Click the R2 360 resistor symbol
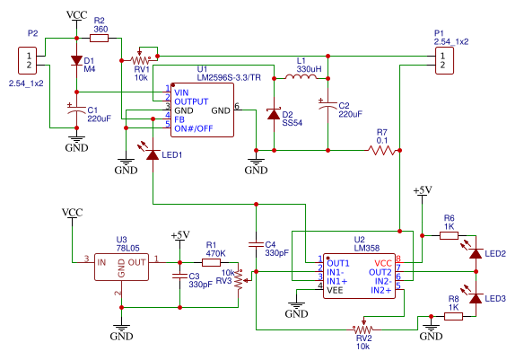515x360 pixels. [x=99, y=38]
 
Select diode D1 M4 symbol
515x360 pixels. [x=77, y=60]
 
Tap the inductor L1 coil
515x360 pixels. [x=301, y=76]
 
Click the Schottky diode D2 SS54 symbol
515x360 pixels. [x=274, y=114]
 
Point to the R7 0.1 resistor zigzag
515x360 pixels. [x=382, y=151]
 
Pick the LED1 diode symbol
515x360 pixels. [x=152, y=154]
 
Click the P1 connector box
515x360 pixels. [x=444, y=60]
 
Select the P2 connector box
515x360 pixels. [x=27, y=60]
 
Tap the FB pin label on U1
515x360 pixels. [x=179, y=119]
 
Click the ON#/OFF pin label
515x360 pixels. [x=194, y=128]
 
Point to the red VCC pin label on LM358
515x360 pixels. [x=383, y=263]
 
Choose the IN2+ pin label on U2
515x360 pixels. [x=381, y=290]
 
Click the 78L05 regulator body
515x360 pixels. [x=121, y=267]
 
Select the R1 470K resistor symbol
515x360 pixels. [x=211, y=262]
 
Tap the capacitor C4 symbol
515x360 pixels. [x=257, y=244]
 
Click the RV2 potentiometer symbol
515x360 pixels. [x=363, y=327]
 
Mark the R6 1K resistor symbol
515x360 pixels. [x=449, y=235]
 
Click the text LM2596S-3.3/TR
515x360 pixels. [x=229, y=78]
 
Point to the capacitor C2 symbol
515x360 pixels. [x=327, y=105]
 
